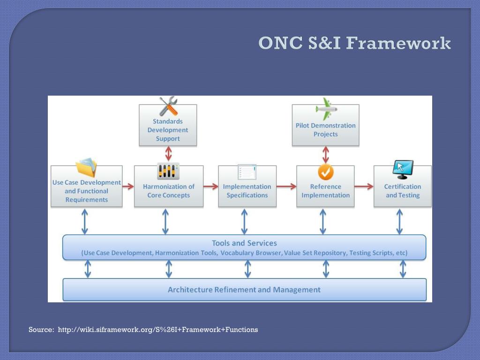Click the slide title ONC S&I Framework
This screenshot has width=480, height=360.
[354, 43]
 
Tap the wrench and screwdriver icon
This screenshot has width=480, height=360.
[168, 106]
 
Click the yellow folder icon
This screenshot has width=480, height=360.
[87, 168]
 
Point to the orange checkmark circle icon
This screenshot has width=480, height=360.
[325, 172]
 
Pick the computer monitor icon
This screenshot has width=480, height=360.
[403, 170]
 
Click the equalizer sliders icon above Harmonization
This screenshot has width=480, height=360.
[168, 171]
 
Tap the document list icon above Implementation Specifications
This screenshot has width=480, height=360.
[247, 172]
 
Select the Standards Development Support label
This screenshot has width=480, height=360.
[168, 130]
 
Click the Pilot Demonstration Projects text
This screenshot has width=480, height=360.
[326, 130]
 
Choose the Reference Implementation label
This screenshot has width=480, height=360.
[326, 191]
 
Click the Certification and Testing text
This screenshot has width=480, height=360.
[403, 191]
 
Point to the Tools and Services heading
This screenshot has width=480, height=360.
[244, 243]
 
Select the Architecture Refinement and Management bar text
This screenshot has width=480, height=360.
[244, 290]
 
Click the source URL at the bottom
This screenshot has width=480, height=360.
[157, 330]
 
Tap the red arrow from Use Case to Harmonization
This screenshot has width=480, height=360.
[128, 187]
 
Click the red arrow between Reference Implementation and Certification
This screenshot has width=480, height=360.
[364, 187]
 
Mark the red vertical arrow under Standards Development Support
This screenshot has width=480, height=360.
[168, 154]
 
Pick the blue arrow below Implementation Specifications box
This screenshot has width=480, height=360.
[244, 221]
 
